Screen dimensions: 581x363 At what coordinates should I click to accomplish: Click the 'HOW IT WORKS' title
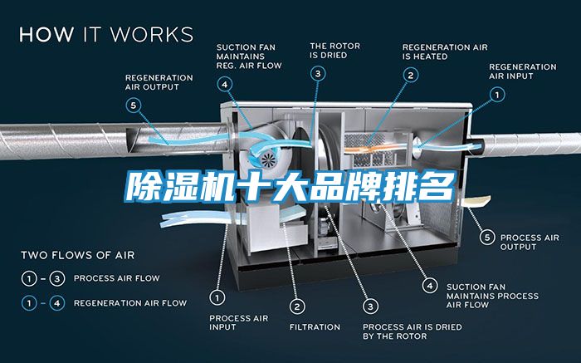106,34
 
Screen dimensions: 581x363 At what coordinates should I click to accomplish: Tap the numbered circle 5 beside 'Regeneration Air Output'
134,105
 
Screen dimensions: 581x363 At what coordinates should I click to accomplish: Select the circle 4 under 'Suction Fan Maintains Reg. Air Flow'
225,85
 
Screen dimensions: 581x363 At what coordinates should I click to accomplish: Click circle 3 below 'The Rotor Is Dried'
318,73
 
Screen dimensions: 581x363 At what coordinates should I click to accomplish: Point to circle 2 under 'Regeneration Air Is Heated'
411,76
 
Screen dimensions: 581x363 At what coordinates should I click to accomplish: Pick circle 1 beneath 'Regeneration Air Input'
497,95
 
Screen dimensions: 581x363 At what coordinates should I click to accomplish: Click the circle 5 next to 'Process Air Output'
487,238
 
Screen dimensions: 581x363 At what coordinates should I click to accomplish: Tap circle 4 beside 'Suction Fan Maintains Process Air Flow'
430,286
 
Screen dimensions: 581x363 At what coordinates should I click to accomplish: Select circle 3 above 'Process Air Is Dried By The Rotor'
370,307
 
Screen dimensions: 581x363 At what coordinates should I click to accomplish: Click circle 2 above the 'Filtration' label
297,307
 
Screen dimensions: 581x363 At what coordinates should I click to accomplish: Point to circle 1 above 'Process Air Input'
217,297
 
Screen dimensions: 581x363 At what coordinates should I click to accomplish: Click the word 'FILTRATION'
315,327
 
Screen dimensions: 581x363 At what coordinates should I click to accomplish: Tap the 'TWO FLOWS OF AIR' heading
78,255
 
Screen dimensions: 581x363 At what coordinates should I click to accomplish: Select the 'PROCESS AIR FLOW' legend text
117,278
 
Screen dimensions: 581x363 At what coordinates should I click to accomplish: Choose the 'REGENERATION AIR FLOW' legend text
130,303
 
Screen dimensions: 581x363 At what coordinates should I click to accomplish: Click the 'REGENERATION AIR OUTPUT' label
159,82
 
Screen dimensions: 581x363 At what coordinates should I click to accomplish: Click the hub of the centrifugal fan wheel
268,159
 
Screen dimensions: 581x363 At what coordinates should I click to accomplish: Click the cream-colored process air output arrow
476,202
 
